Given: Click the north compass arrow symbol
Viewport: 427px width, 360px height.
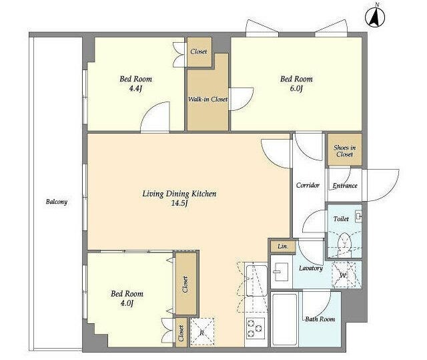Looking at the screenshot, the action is tap(375, 16).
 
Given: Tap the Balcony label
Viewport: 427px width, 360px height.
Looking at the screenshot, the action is tap(56, 202).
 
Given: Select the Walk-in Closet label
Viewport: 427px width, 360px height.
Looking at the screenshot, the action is tap(207, 100).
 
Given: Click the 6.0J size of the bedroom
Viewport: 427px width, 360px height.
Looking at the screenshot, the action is tap(296, 89).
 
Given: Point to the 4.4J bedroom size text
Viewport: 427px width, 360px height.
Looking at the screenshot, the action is tap(135, 89).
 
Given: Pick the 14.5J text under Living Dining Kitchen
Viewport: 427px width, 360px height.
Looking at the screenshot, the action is tap(179, 203).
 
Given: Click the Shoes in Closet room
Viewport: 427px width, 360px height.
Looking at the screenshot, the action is tap(344, 150).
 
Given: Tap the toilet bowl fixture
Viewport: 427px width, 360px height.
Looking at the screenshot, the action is tap(344, 243).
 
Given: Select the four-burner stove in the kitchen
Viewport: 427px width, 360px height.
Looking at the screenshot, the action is tap(256, 329).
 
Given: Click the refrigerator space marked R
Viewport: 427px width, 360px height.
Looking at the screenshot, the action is tap(201, 333).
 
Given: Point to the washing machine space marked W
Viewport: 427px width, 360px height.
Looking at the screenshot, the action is tap(344, 275).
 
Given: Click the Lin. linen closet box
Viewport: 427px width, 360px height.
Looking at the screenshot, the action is tap(283, 246).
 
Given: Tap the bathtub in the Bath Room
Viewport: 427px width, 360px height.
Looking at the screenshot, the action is tap(285, 319).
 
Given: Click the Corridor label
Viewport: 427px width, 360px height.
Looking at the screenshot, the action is tap(308, 185).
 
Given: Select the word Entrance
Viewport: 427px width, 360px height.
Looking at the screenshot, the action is tap(345, 186).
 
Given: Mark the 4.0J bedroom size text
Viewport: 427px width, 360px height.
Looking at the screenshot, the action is tap(127, 303).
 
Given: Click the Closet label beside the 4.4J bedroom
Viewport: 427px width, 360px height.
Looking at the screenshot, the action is tap(199, 51).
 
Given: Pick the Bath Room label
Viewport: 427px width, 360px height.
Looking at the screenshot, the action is tap(320, 319).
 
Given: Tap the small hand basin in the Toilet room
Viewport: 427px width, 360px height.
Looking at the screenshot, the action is tap(359, 217).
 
